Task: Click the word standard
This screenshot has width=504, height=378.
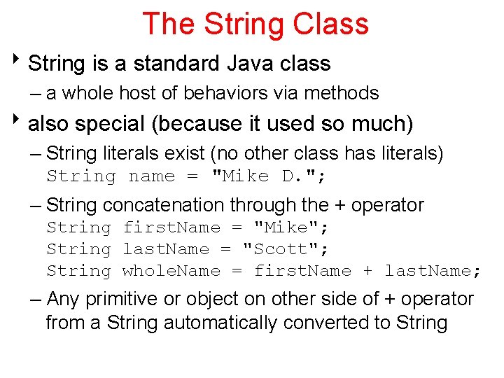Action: click(176, 64)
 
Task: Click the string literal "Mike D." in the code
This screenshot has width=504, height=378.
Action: click(268, 176)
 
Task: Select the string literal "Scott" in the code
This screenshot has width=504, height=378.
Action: click(286, 249)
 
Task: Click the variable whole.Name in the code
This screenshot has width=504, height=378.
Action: click(171, 271)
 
